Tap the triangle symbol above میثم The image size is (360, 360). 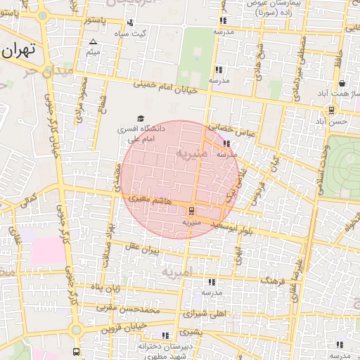click(92, 42)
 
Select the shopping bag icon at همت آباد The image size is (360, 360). click(340, 83)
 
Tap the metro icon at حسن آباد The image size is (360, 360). click(330, 110)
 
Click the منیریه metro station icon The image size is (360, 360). click(191, 210)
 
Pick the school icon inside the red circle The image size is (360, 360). click(226, 144)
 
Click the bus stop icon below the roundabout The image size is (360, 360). click(76, 352)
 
